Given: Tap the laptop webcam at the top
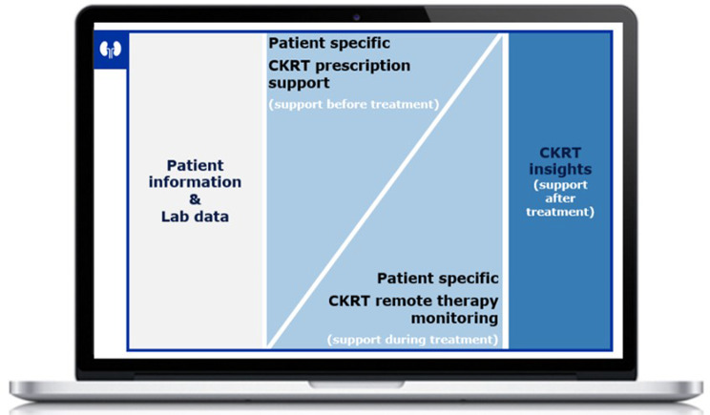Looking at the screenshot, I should click(355, 17).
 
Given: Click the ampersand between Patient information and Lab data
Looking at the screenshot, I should click(195, 199).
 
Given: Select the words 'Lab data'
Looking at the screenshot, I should click(195, 217).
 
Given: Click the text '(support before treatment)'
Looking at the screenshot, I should click(353, 103).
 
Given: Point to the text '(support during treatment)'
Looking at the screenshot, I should click(412, 338).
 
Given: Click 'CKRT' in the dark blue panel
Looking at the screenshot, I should click(560, 153).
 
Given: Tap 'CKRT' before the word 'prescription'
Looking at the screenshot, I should click(287, 66).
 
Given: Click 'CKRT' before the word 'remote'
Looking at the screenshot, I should click(349, 301).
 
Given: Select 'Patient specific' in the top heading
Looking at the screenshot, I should click(329, 44).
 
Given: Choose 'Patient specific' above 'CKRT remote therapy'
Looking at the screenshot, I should click(437, 279).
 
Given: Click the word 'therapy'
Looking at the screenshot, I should click(461, 301).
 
